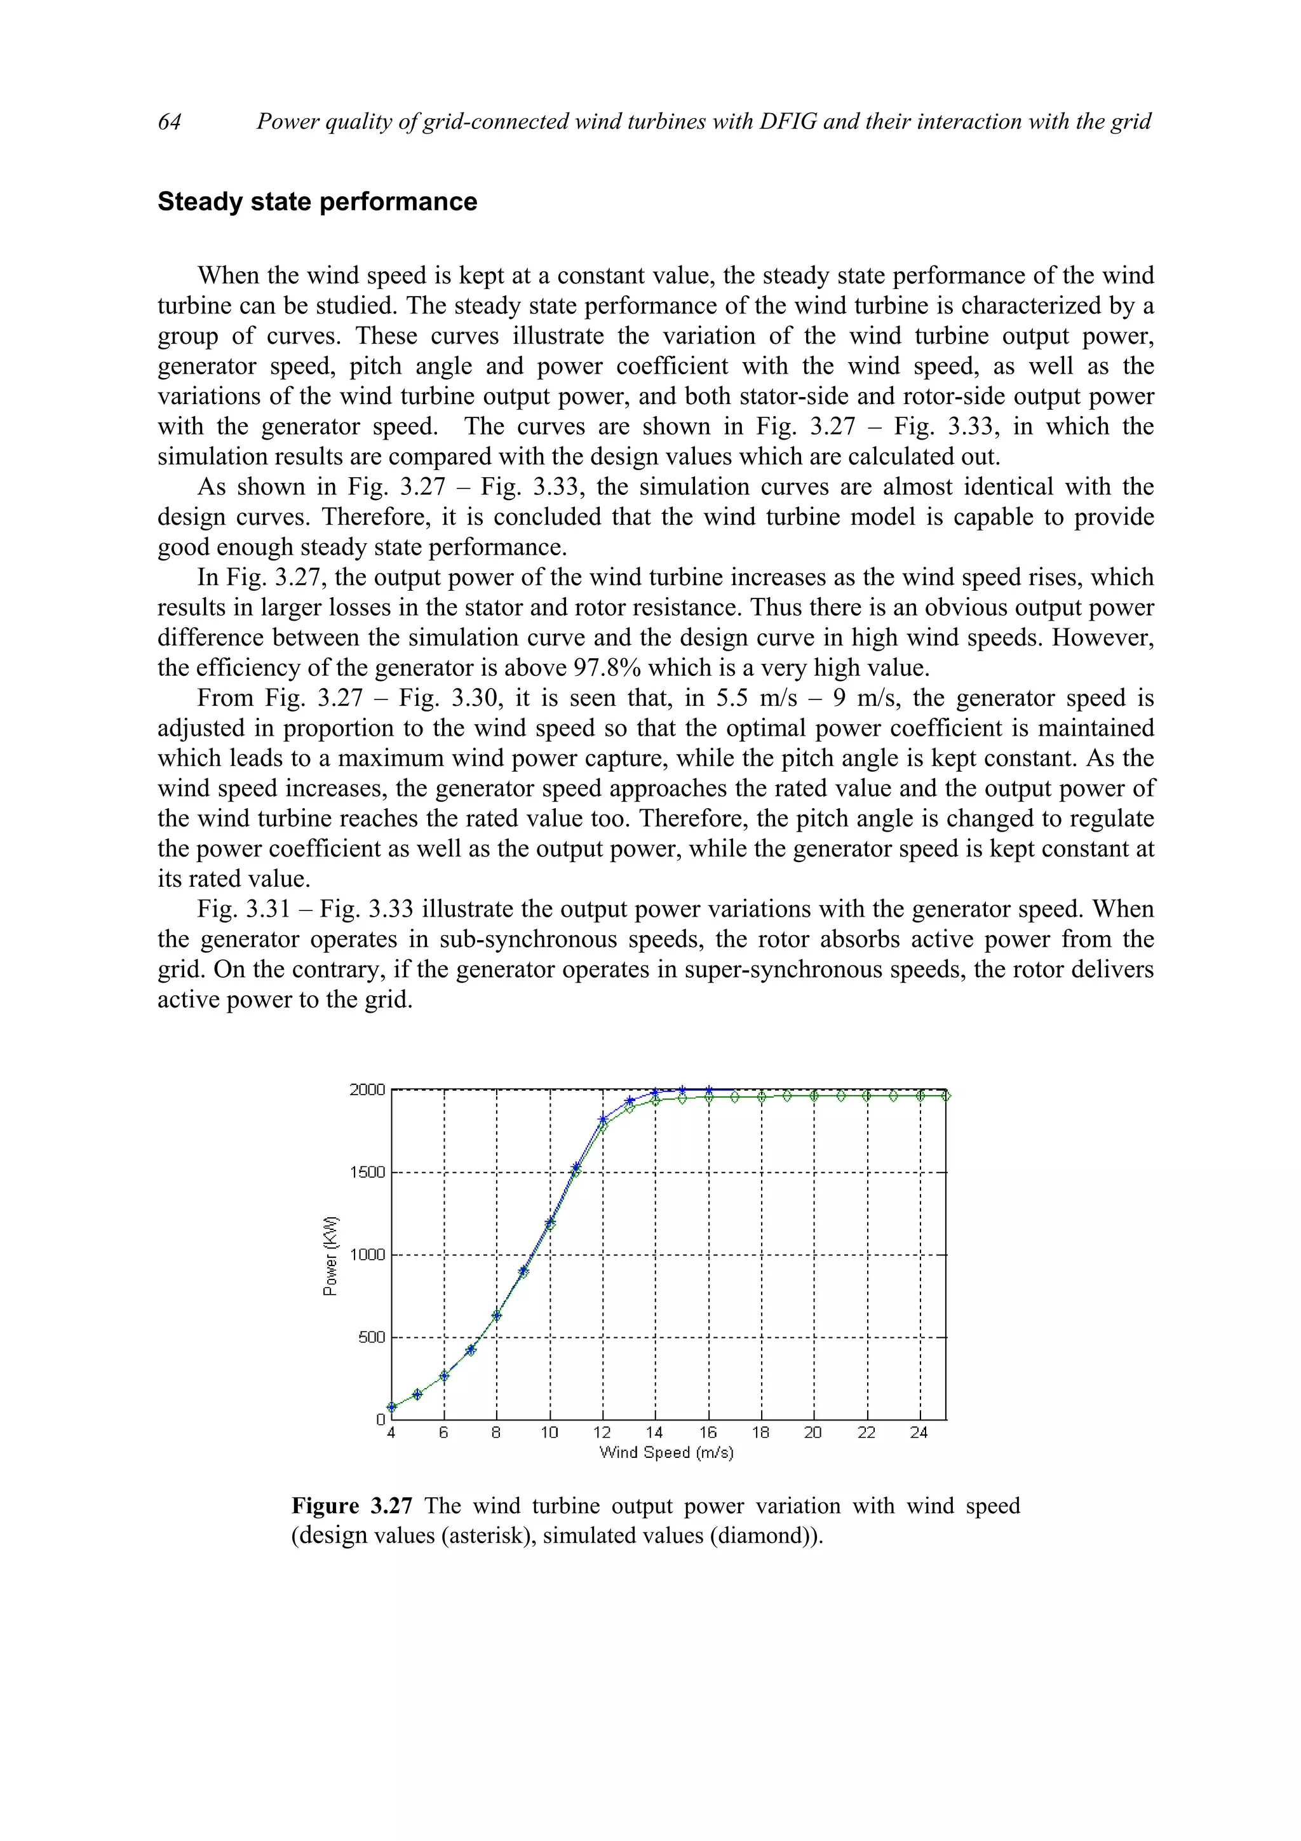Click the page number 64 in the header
(169, 122)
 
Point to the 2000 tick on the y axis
(367, 1089)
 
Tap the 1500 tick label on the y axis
(367, 1172)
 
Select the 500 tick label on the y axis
(371, 1337)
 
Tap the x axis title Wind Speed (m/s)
(666, 1452)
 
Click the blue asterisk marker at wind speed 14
(656, 1092)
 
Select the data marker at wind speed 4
(391, 1406)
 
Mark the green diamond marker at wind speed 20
(814, 1095)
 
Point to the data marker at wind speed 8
(497, 1315)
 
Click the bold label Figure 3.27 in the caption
(352, 1506)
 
